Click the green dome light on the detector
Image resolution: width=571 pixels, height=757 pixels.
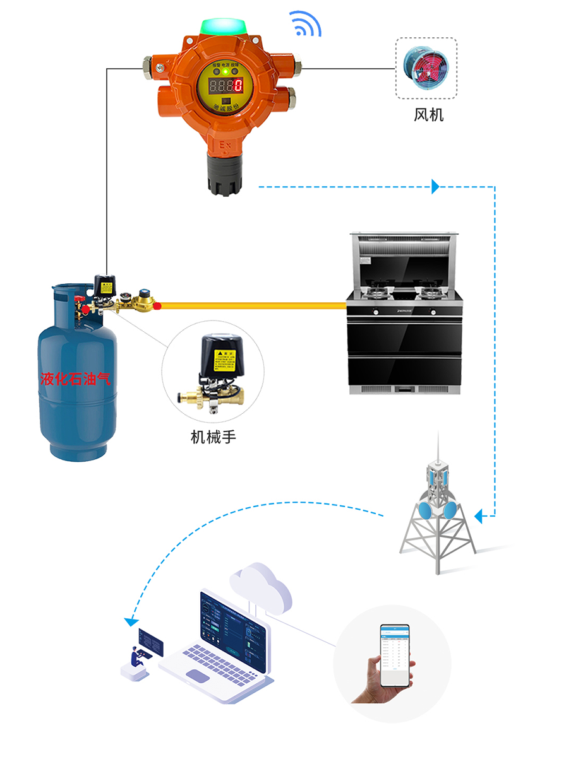pos(222,27)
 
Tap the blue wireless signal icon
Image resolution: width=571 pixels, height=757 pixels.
pos(306,24)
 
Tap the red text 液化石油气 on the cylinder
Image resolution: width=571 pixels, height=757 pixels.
pos(75,378)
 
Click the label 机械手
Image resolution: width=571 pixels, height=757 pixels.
pos(213,436)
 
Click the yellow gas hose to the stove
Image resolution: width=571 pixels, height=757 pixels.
pos(253,306)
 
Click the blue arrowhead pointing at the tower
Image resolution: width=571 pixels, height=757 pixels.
pos(478,517)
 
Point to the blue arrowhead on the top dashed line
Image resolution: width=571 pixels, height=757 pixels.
pos(435,186)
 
